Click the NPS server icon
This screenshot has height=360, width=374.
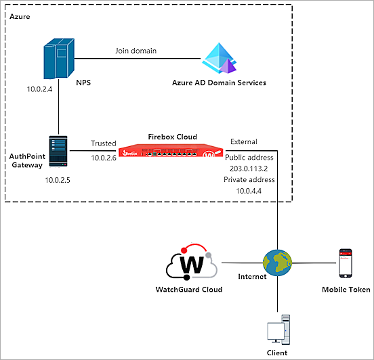point(58,58)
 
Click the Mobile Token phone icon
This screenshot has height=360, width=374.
point(346,262)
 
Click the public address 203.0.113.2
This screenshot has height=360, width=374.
point(249,168)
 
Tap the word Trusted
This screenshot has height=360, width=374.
point(104,143)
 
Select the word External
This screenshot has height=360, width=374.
point(244,141)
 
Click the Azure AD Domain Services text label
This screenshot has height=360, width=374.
point(219,83)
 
